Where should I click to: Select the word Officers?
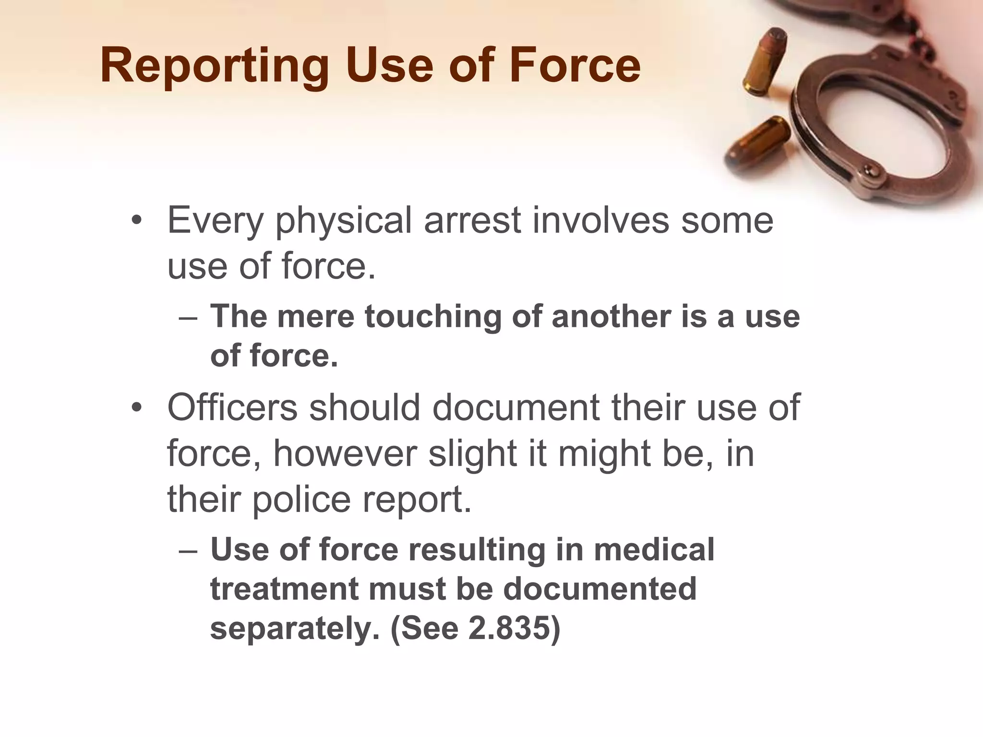pyautogui.click(x=232, y=407)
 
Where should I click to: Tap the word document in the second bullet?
pyautogui.click(x=515, y=407)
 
